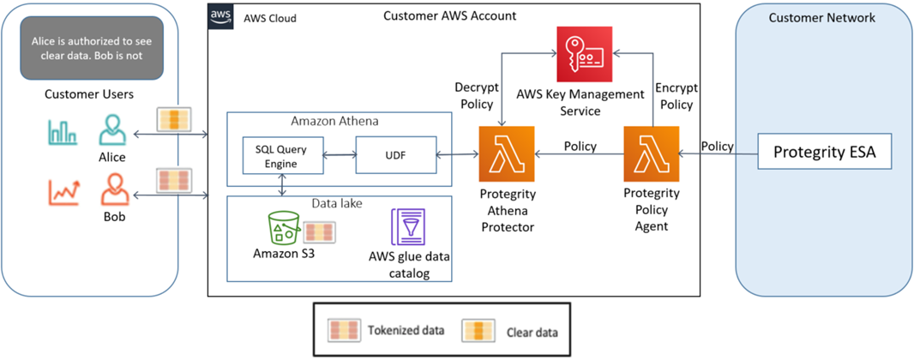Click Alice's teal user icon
111,131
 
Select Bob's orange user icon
111,190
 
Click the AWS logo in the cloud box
221,17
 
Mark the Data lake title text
338,205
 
